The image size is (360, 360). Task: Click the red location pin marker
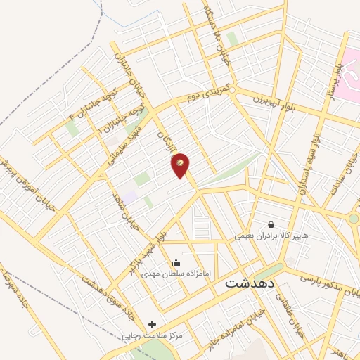[x=181, y=165]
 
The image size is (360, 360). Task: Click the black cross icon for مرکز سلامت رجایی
[x=152, y=325]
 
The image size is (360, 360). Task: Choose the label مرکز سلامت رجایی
[x=152, y=336]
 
